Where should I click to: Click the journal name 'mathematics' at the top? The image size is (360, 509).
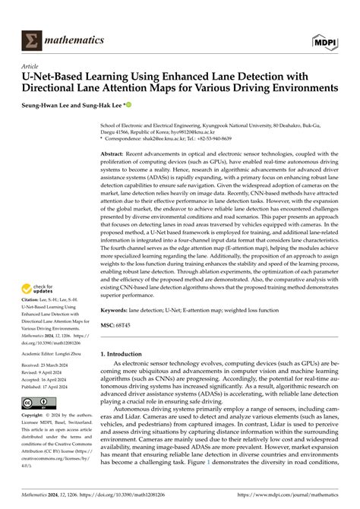coord(73,18)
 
